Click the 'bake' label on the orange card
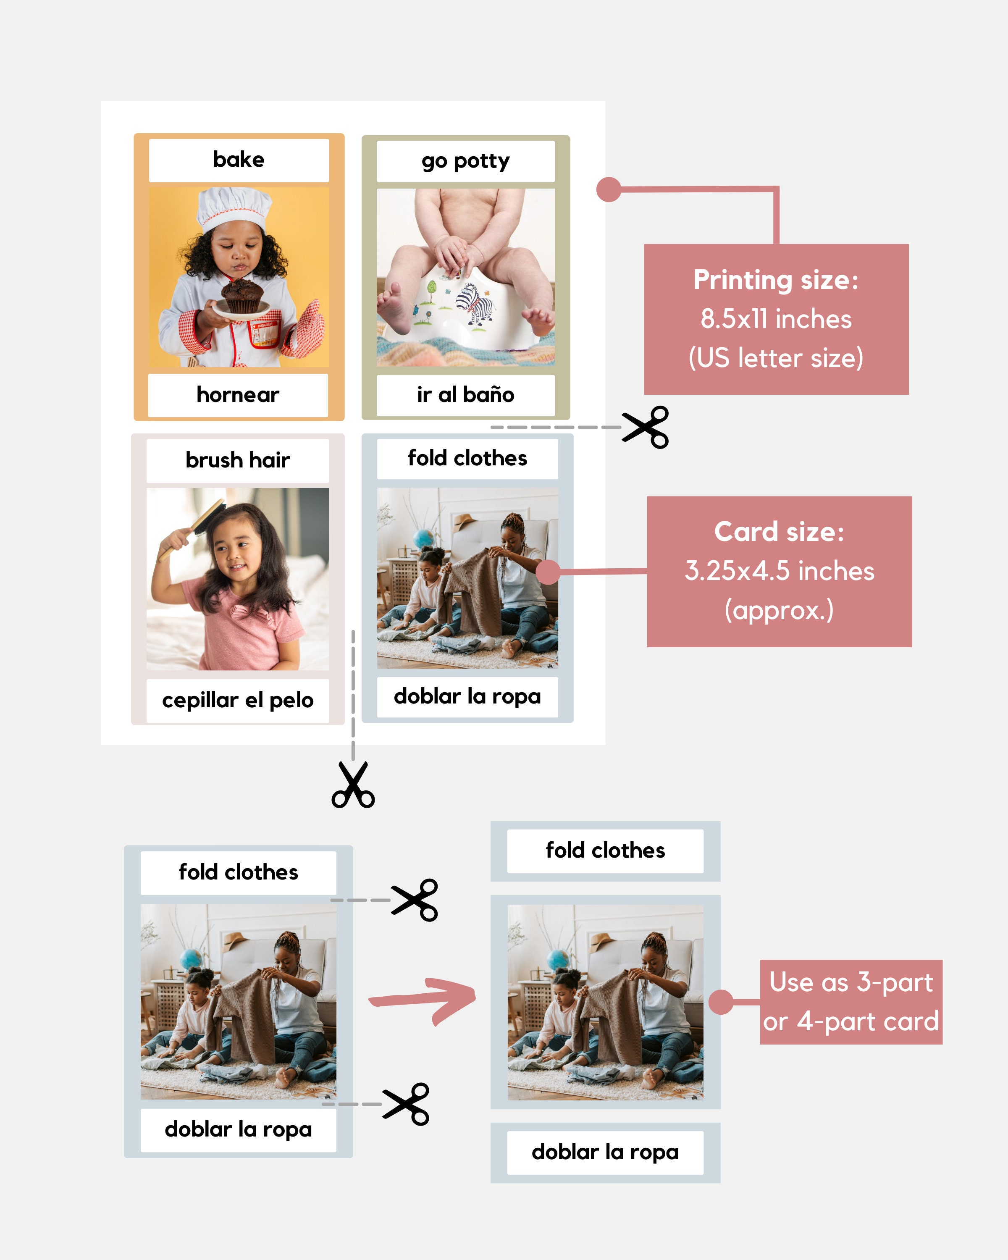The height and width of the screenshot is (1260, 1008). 239,160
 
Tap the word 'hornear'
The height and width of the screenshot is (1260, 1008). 238,395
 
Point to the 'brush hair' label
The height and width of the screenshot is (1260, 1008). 238,460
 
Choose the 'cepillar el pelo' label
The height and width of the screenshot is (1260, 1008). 238,700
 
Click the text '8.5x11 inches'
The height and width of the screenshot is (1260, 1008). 776,319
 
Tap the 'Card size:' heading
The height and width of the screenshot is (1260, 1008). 779,532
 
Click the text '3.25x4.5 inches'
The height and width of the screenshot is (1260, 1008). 779,571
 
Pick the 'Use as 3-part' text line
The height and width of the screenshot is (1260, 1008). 851,982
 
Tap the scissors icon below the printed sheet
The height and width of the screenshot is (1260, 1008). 353,785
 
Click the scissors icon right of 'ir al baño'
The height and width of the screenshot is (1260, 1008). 646,427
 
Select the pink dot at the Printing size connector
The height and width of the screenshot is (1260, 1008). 608,189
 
